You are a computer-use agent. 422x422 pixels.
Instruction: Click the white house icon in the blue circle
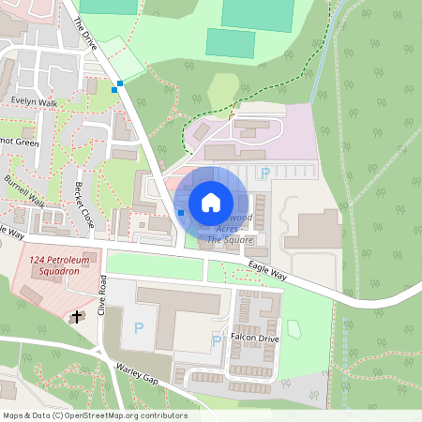point(211,203)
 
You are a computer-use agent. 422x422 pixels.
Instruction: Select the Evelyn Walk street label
point(35,103)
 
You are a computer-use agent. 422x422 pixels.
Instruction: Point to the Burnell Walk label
point(24,189)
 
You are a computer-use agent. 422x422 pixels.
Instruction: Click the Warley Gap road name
point(136,374)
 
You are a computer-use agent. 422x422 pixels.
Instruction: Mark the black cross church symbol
point(76,317)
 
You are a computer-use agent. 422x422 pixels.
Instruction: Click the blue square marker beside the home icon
point(181,213)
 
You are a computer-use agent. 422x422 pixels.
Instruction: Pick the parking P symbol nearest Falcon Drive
point(218,340)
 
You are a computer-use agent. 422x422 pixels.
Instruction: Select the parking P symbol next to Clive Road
point(140,327)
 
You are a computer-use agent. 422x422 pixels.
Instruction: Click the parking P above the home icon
point(264,173)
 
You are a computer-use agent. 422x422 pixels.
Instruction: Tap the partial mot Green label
point(19,143)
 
